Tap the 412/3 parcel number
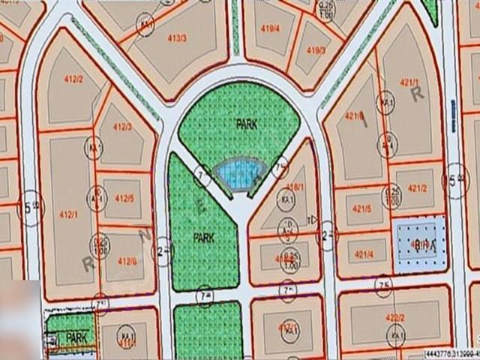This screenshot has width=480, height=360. (122, 127)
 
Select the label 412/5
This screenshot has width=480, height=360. (124, 199)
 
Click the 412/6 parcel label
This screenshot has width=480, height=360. (127, 260)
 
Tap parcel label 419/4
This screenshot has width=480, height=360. (270, 28)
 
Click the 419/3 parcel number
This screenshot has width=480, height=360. (316, 50)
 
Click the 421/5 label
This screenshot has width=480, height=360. (361, 208)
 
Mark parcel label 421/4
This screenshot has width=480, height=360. (363, 254)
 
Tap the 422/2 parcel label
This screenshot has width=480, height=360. (395, 316)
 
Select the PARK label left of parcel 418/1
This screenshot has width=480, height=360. (204, 237)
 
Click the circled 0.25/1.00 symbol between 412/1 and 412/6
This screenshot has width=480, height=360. (99, 244)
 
